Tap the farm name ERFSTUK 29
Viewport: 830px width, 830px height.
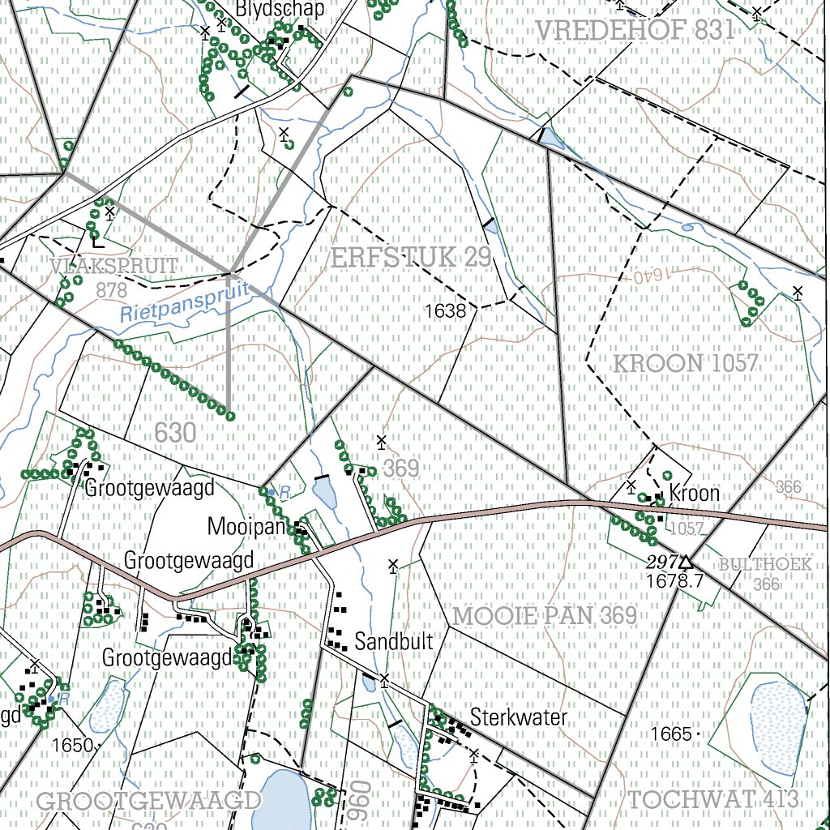412,259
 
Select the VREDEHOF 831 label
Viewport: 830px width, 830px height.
635,32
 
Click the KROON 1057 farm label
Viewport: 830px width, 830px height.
685,363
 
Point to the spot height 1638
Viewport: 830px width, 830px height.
445,310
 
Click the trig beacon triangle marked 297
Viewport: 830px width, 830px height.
686,561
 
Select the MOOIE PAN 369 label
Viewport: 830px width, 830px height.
545,616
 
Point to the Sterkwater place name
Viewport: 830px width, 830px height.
519,717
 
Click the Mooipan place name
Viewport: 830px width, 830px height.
248,527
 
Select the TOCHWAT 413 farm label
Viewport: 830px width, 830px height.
714,799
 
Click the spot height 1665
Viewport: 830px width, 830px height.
670,734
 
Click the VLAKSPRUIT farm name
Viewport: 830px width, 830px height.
113,266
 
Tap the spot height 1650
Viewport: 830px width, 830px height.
72,744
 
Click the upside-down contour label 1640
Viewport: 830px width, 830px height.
644,276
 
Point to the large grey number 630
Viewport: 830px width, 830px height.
174,434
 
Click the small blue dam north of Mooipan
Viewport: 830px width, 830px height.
324,494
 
